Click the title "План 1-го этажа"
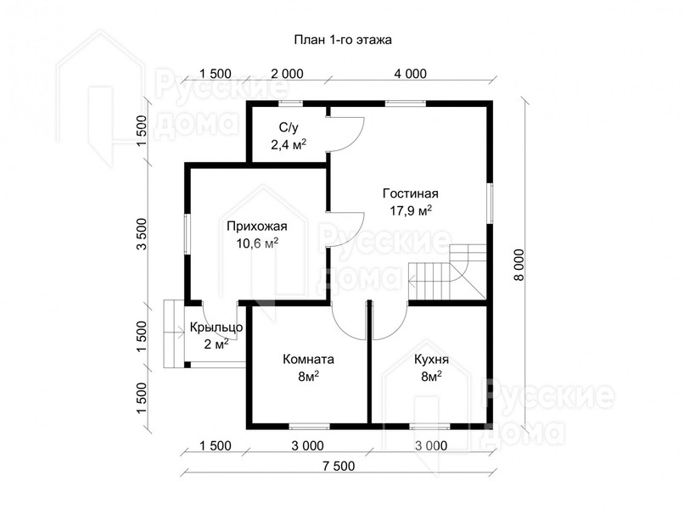pos(343,40)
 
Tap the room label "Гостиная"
pos(411,193)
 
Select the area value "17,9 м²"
pos(411,210)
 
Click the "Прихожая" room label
pos(257,227)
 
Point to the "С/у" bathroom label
pos(289,127)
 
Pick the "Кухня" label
pos(431,360)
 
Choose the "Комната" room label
pos(308,360)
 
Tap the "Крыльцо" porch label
pos(216,327)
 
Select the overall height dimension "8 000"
pos(519,266)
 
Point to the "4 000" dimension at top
pos(411,74)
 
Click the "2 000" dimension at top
pos(287,74)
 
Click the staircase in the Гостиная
pos(447,272)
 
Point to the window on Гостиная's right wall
pos(491,204)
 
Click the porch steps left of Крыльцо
pos(174,333)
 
